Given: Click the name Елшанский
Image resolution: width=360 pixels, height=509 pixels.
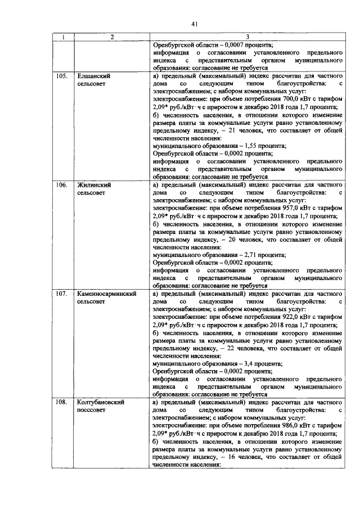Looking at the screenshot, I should pyautogui.click(x=93, y=75).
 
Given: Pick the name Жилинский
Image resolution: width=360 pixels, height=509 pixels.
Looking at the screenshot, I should pyautogui.click(x=93, y=184).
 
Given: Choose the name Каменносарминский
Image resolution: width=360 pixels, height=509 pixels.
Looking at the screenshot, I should pyautogui.click(x=106, y=294).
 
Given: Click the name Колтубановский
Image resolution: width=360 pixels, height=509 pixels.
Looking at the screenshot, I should pyautogui.click(x=100, y=403).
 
